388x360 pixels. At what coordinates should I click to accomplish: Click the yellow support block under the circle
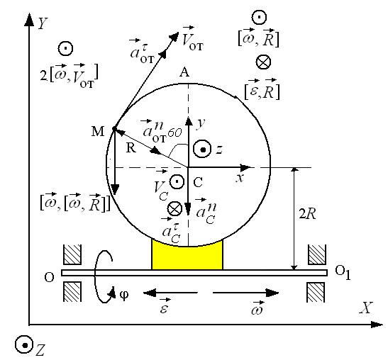coord(187,257)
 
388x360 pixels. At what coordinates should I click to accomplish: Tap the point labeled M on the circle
coord(114,128)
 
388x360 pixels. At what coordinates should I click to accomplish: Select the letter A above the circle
coord(184,72)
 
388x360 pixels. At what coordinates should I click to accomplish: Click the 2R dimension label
coord(308,214)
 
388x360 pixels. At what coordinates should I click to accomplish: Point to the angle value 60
coord(174,133)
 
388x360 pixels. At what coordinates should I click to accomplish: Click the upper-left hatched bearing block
coord(72,254)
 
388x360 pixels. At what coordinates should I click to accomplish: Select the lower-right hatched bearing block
coord(316,292)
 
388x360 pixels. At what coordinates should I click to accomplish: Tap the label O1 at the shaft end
coord(343,272)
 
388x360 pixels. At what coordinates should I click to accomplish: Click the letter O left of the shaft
coord(49,277)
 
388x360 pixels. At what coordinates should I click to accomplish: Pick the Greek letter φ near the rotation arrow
coord(124,295)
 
